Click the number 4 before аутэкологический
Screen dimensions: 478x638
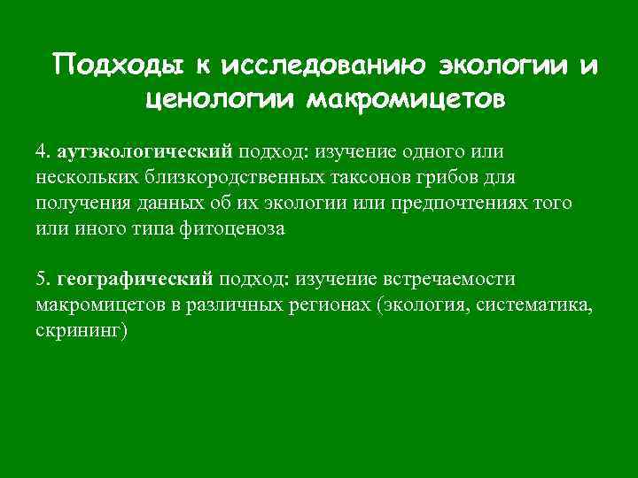click(x=41, y=152)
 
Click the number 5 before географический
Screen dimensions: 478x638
click(x=41, y=280)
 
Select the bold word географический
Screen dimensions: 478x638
click(x=136, y=281)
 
